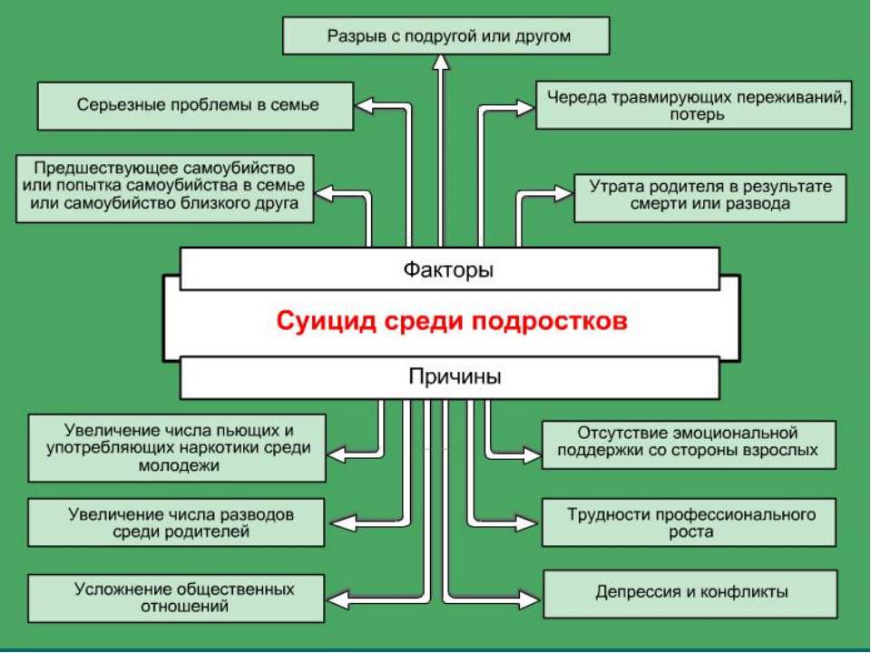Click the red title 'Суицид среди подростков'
(452, 321)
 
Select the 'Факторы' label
(448, 270)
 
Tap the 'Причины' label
(455, 376)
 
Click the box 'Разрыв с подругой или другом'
(446, 35)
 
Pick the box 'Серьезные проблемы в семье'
(196, 106)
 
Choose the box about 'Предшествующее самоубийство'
(165, 189)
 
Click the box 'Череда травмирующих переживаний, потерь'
(694, 105)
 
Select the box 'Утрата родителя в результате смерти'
(710, 199)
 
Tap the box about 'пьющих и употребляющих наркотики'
(177, 448)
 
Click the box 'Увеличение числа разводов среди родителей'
(176, 522)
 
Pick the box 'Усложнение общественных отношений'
(176, 598)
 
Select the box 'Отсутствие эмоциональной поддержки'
(689, 444)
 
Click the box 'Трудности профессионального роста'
(689, 522)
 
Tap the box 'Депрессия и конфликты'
(690, 593)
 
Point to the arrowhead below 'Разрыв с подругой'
(441, 63)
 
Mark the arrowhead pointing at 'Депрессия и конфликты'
(530, 599)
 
